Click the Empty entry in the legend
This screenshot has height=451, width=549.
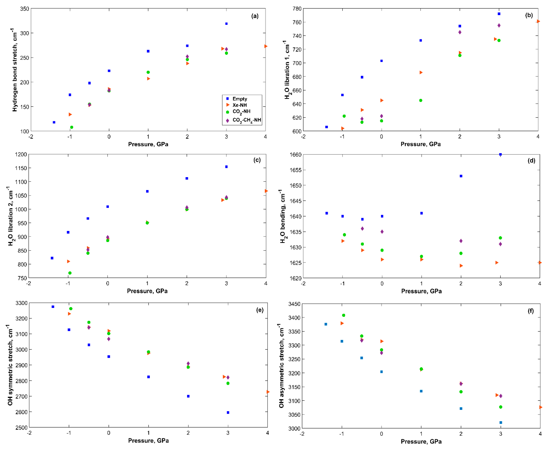(x=239, y=99)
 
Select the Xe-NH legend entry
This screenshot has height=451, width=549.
(x=239, y=105)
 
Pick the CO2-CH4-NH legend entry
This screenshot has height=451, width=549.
(x=246, y=120)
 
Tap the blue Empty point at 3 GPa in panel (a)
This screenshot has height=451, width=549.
(x=226, y=24)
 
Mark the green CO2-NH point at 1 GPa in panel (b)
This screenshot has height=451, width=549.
(x=421, y=100)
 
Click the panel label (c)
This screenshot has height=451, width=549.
(x=257, y=160)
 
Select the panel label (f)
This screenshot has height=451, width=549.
(x=530, y=311)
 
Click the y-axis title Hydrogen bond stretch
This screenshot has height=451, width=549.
(x=15, y=70)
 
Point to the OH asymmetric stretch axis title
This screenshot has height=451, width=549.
(x=281, y=366)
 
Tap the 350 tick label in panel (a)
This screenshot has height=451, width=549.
(x=24, y=9)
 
